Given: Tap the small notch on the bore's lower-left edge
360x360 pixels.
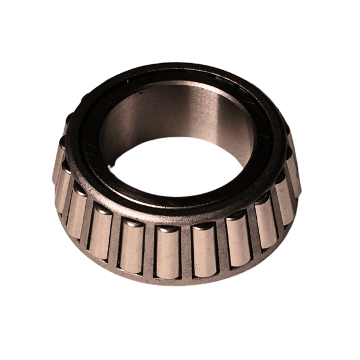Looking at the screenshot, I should coord(113,161).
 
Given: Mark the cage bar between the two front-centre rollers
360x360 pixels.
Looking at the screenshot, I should coord(185,251).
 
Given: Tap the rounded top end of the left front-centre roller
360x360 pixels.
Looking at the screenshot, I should coord(167,230).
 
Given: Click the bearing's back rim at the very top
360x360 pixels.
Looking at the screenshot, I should coord(174,67).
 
